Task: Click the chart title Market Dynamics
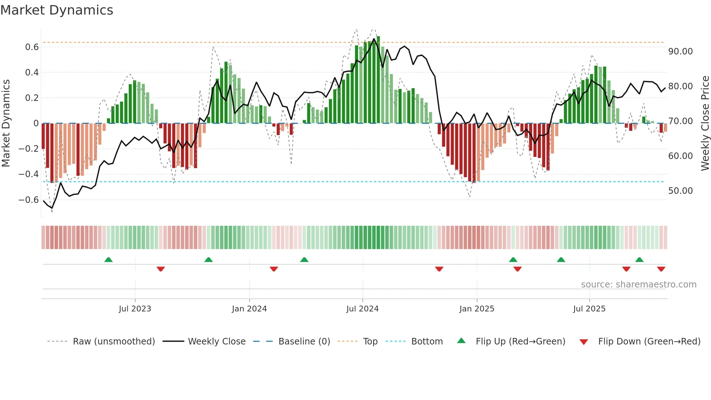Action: click(57, 10)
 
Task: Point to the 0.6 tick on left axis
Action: click(32, 47)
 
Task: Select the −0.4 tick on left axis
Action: click(29, 174)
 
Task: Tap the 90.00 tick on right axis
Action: click(680, 52)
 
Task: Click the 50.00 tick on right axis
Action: click(680, 191)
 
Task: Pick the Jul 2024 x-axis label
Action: click(362, 309)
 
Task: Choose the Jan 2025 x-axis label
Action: click(477, 309)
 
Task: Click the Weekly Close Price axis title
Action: click(705, 123)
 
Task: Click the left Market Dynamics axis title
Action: click(6, 123)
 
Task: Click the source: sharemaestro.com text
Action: click(638, 285)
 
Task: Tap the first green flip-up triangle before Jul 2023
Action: click(108, 260)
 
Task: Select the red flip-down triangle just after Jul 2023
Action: click(161, 269)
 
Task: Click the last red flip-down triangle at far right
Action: click(661, 269)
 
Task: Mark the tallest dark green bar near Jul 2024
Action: click(378, 80)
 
